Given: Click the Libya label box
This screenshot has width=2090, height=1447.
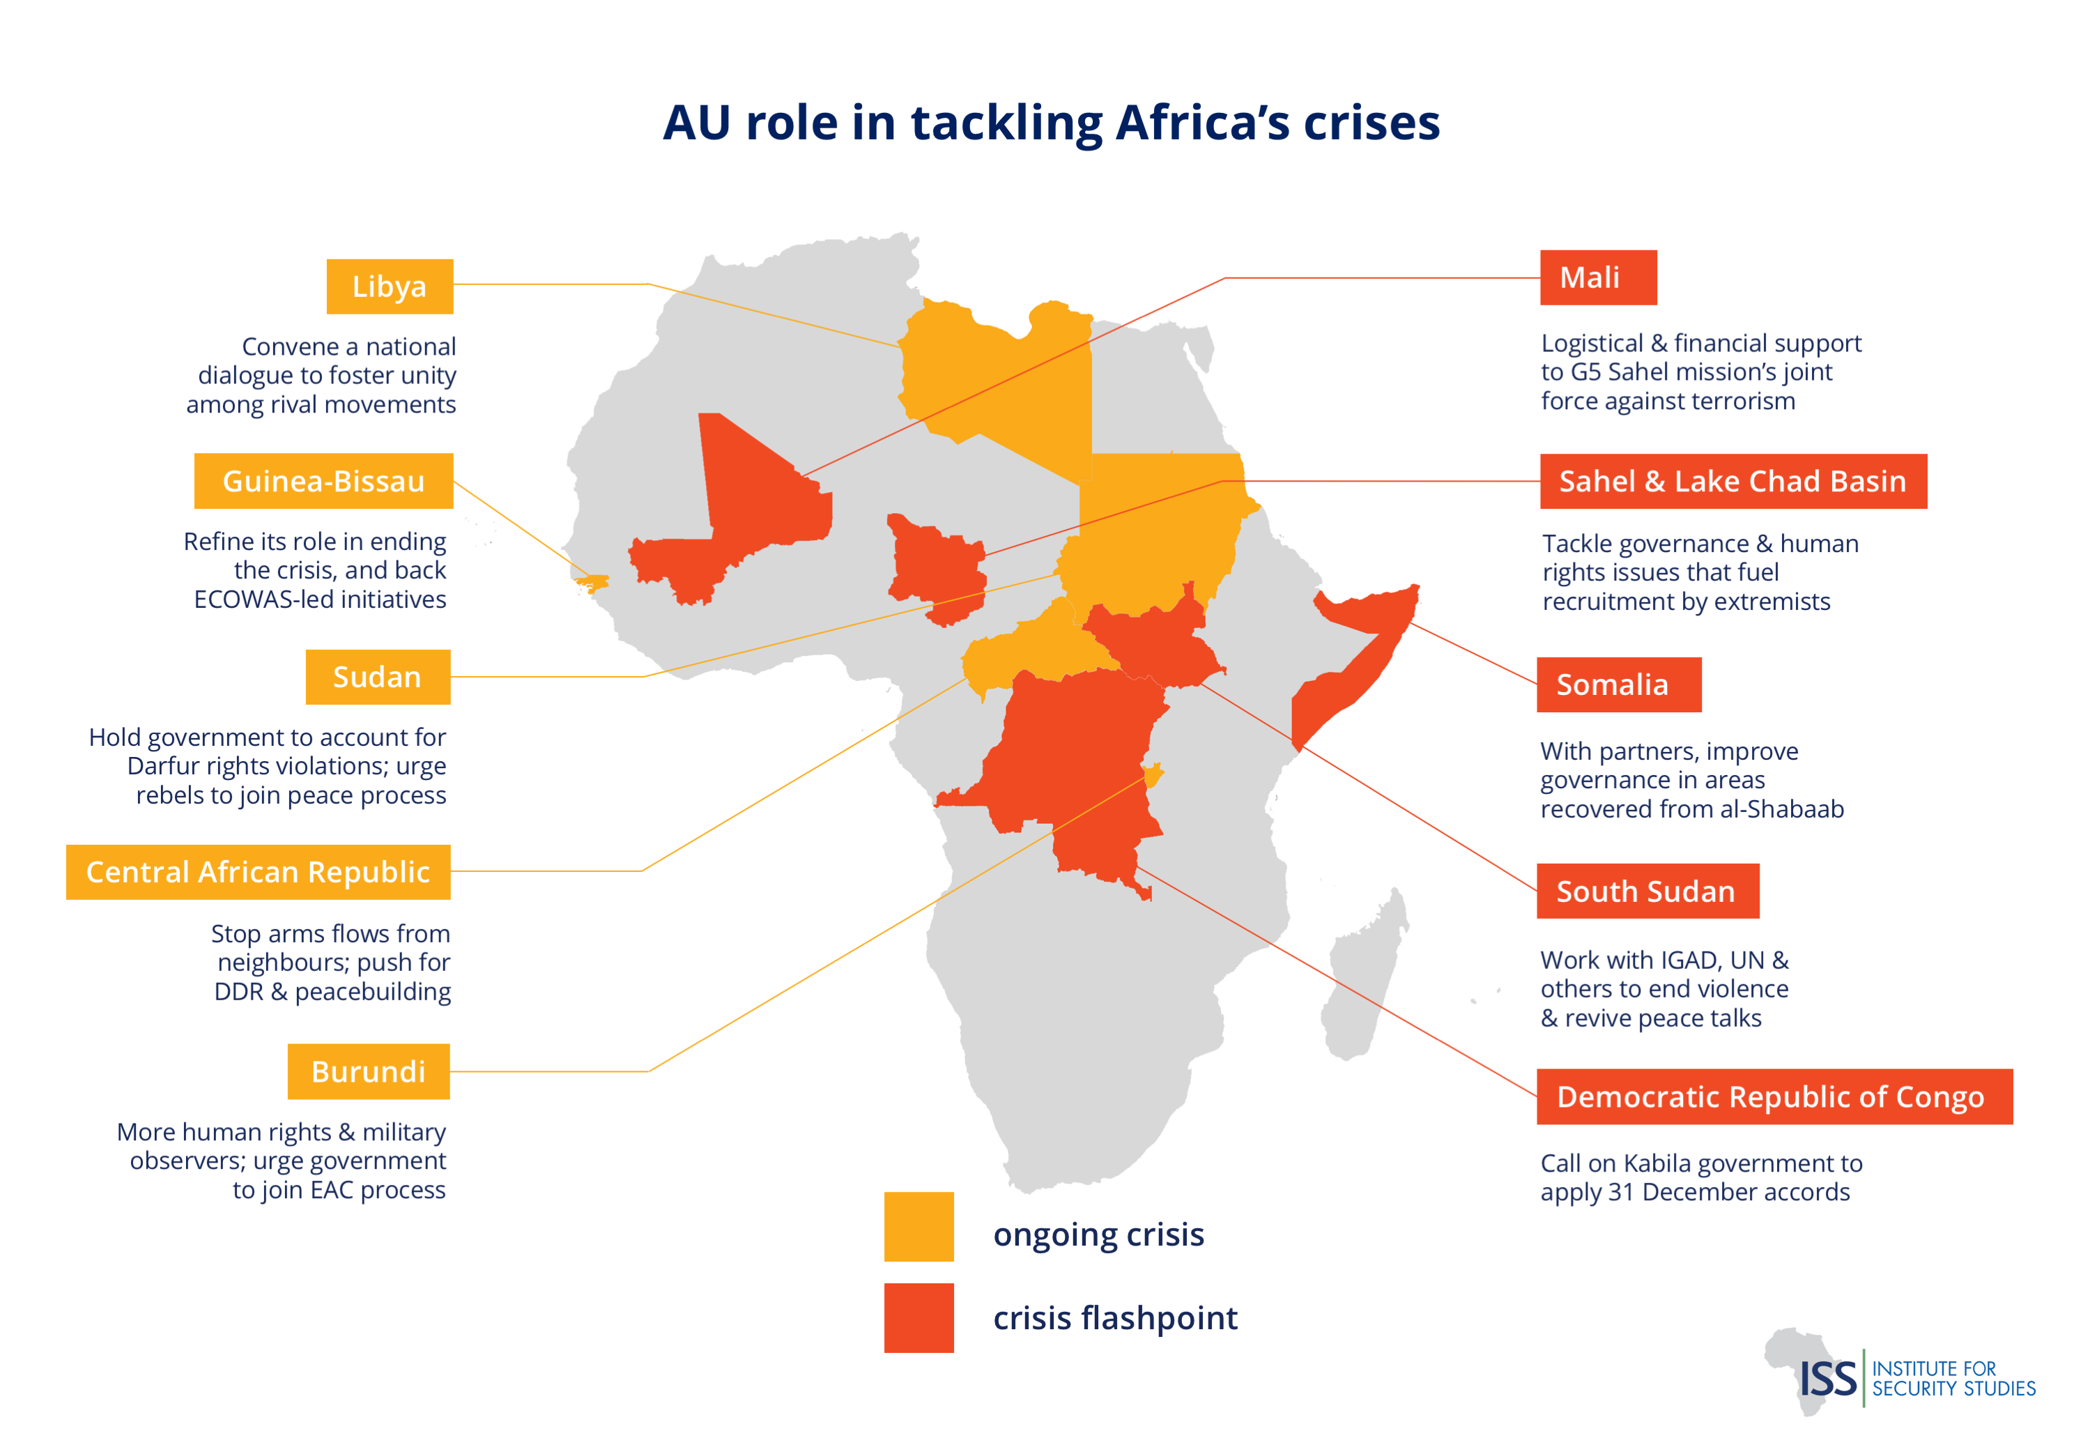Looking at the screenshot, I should pyautogui.click(x=389, y=286).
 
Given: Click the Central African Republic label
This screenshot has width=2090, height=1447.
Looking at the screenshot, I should pyautogui.click(x=259, y=871).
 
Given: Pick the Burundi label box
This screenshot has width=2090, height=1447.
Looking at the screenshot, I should pyautogui.click(x=368, y=1071).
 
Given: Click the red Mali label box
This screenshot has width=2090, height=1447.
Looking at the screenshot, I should pyautogui.click(x=1597, y=277).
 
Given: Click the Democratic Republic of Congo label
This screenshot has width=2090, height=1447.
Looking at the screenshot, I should pyautogui.click(x=1774, y=1096).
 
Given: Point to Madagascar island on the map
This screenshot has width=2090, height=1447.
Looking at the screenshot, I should pyautogui.click(x=1364, y=979).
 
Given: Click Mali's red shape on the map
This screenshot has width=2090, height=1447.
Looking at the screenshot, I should pyautogui.click(x=743, y=507).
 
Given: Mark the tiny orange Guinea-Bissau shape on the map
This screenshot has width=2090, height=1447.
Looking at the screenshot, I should pyautogui.click(x=594, y=582).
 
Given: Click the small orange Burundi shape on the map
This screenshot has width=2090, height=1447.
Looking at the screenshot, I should pyautogui.click(x=1152, y=775).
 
